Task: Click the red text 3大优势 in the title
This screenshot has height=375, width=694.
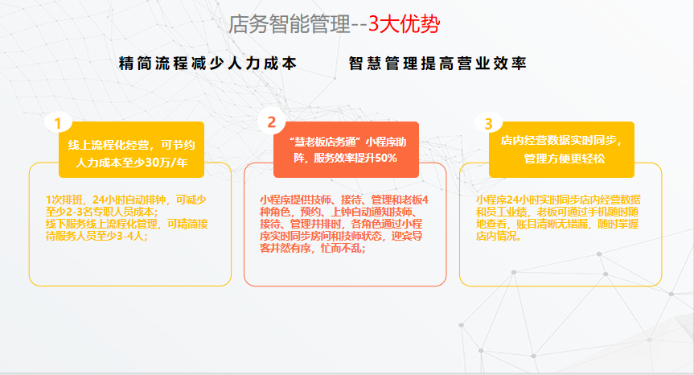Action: point(404,24)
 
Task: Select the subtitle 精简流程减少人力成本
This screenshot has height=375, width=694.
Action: point(207,64)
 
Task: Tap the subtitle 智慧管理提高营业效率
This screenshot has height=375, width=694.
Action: point(437,64)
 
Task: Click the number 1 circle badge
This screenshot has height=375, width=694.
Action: point(58,122)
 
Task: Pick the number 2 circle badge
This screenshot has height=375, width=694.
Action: point(271,122)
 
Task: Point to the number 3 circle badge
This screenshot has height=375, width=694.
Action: point(488,123)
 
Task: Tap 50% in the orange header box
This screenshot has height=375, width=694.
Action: point(386,158)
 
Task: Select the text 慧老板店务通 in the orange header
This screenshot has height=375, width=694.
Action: point(326,142)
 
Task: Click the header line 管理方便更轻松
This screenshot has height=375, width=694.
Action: point(565,159)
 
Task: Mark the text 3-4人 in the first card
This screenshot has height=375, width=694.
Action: point(131,236)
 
